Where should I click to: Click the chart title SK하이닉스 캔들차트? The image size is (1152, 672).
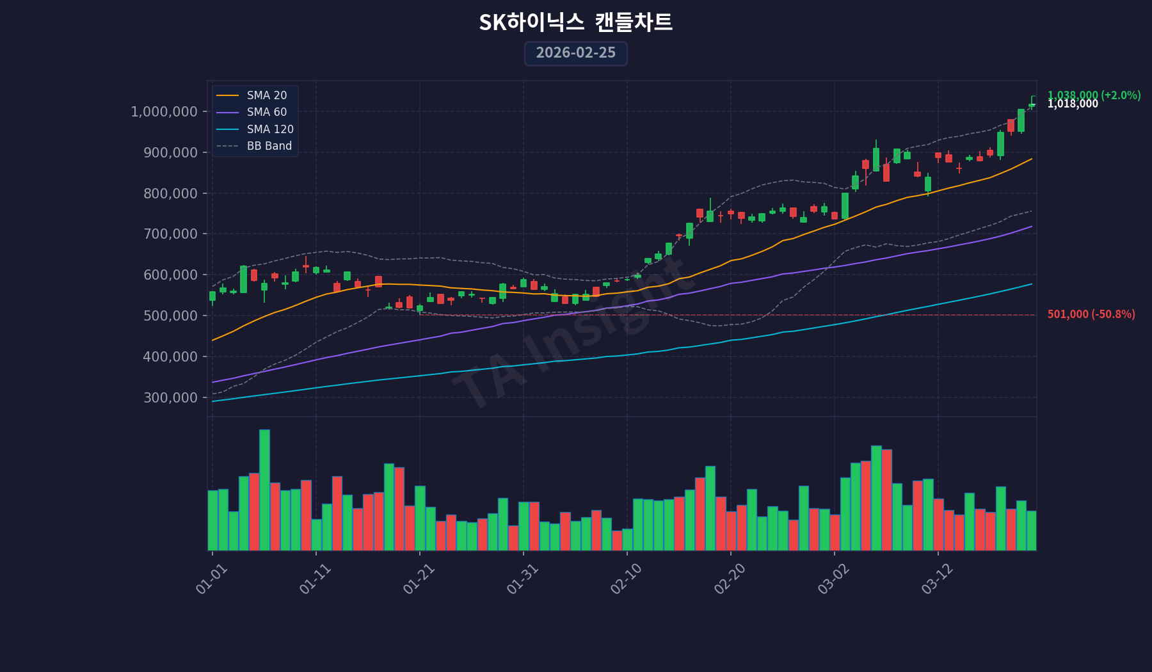(575, 22)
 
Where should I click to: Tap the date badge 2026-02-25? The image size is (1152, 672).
(575, 53)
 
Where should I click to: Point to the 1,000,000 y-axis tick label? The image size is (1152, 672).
(164, 112)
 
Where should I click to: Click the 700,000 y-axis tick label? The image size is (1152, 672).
(170, 234)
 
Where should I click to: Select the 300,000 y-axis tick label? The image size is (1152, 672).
(170, 397)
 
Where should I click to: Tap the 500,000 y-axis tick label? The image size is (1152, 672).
(170, 316)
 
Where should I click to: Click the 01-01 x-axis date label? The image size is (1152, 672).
(212, 580)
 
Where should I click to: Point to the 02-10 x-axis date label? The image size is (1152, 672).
(627, 580)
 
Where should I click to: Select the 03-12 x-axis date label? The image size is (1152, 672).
(938, 580)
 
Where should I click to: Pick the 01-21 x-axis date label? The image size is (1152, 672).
(419, 580)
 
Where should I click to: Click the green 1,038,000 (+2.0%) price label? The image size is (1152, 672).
(1094, 95)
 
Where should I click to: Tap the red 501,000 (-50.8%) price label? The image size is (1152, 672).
(1091, 314)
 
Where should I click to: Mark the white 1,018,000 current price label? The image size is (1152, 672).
(1073, 104)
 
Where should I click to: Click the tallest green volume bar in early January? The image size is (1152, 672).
(264, 490)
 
